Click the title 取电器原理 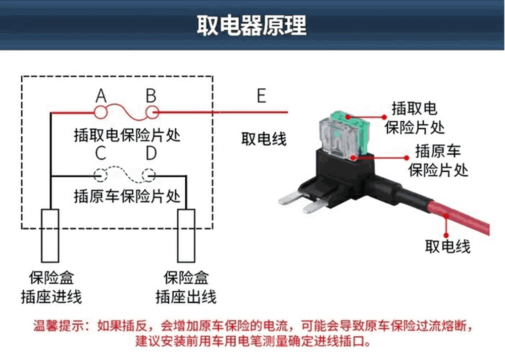tap(251, 26)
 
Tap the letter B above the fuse tap(151, 95)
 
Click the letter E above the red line tap(261, 95)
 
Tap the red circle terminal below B tap(151, 112)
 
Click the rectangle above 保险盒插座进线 tap(50, 235)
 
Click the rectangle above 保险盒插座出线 tap(186, 235)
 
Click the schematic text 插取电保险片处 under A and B tap(127, 135)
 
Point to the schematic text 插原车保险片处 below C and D tap(127, 195)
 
